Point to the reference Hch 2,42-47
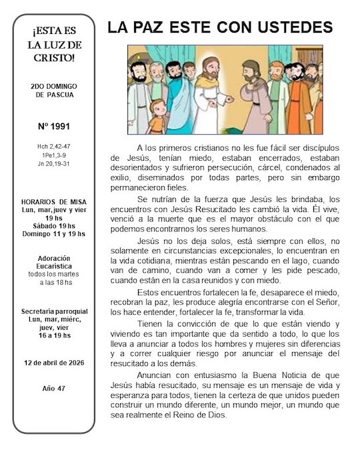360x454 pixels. tap(55, 145)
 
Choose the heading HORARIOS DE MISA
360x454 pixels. tap(54, 201)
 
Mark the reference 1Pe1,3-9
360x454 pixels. tap(55, 154)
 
